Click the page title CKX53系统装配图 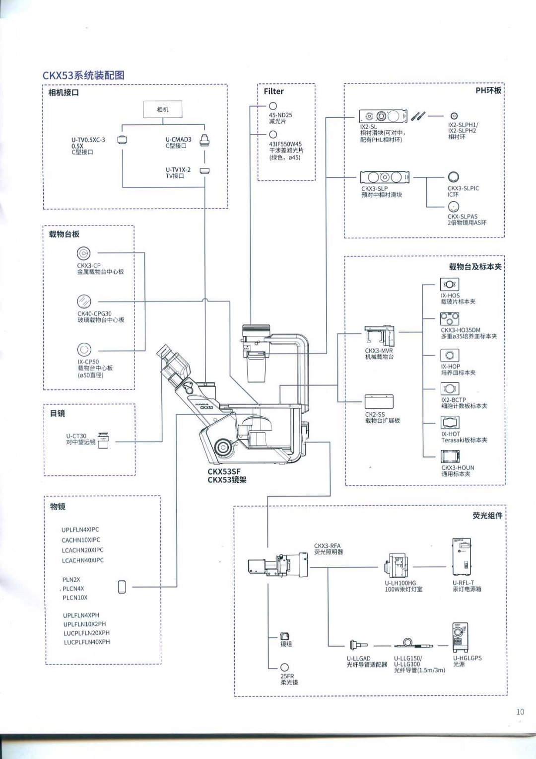(83, 75)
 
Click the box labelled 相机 (163, 109)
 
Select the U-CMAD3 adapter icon (204, 141)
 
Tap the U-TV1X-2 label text (178, 170)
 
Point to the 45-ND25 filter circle (272, 106)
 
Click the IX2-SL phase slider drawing (383, 116)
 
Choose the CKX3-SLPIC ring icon (453, 177)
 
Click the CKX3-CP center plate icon (84, 253)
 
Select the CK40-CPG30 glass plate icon (84, 302)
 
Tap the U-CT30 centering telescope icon (103, 440)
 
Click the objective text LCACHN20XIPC (82, 550)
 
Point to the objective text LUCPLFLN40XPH (86, 642)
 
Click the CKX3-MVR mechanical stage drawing (380, 336)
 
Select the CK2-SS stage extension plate (379, 402)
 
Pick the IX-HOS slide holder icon (450, 284)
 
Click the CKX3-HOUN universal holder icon (450, 457)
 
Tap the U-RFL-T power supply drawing (462, 557)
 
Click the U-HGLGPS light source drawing (460, 637)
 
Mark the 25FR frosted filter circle (284, 667)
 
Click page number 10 (520, 712)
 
